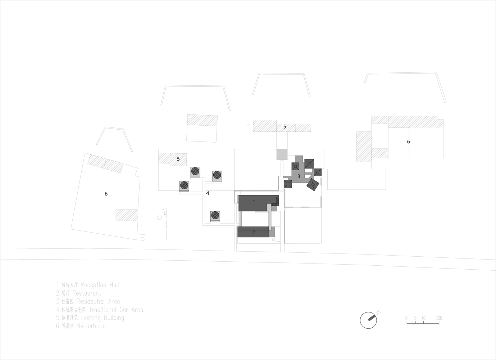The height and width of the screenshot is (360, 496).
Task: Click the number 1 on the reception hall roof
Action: coord(254,202)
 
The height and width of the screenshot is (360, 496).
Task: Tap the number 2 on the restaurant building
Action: coord(254,233)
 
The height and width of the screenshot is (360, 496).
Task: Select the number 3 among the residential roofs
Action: coord(299,176)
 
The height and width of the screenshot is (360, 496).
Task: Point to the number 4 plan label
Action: coord(208,193)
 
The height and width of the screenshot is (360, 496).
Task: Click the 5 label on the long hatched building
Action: coord(285,127)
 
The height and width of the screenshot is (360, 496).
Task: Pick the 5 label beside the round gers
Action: coord(178,159)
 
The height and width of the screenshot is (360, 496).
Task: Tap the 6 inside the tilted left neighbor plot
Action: coord(106,194)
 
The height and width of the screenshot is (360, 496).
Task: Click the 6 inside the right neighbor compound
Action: coord(408,141)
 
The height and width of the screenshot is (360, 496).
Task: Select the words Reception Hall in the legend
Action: coord(100,285)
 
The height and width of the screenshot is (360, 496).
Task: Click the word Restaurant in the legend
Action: coord(87,293)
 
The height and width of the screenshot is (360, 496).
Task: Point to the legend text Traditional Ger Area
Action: coord(116,310)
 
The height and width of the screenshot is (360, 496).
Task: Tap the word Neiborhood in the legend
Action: coord(91,326)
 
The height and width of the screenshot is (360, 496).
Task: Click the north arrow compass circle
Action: coord(368,320)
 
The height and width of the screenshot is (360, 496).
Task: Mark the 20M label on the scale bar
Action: coord(439,318)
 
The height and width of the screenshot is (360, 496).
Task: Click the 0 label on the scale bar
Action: coord(406,318)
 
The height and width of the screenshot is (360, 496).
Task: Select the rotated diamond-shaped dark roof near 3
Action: coord(313,185)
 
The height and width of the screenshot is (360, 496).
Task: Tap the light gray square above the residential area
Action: coord(282,154)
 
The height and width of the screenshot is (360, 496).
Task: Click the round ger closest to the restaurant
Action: coord(215,216)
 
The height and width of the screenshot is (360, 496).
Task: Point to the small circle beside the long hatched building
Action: coord(249,126)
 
